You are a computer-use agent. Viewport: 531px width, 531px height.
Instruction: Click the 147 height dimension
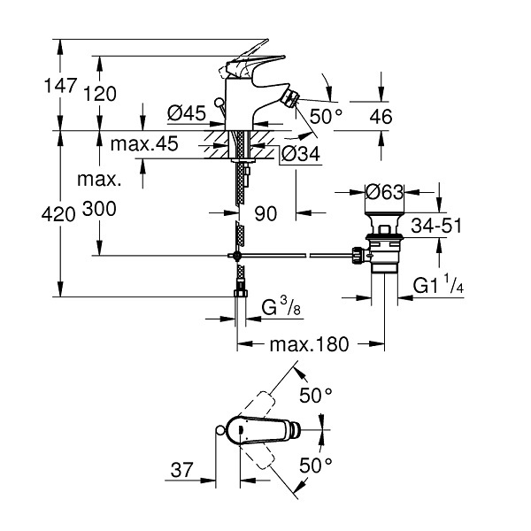[60, 85]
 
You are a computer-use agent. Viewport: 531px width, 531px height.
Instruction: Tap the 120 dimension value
[99, 94]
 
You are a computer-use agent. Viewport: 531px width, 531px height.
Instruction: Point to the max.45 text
[144, 144]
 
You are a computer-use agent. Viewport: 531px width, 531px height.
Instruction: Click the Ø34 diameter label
[301, 154]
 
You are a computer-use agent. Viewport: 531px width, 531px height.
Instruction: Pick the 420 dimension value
[58, 214]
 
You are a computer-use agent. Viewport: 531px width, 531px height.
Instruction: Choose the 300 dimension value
[99, 209]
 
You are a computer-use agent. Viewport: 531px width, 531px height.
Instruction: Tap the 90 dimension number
[265, 213]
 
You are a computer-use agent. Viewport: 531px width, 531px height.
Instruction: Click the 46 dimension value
[381, 117]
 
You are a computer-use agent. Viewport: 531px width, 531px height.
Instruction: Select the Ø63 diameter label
[384, 192]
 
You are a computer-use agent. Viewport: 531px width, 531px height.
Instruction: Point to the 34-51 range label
[436, 226]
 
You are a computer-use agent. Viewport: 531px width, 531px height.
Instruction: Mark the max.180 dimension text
[309, 344]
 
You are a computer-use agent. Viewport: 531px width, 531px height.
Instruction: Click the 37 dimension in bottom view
[181, 470]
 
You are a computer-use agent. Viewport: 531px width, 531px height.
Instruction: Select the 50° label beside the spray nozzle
[326, 116]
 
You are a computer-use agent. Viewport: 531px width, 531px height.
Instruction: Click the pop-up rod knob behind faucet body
[219, 102]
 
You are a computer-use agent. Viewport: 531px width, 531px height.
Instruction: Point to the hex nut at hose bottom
[241, 292]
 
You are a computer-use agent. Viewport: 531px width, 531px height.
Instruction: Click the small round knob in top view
[219, 430]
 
